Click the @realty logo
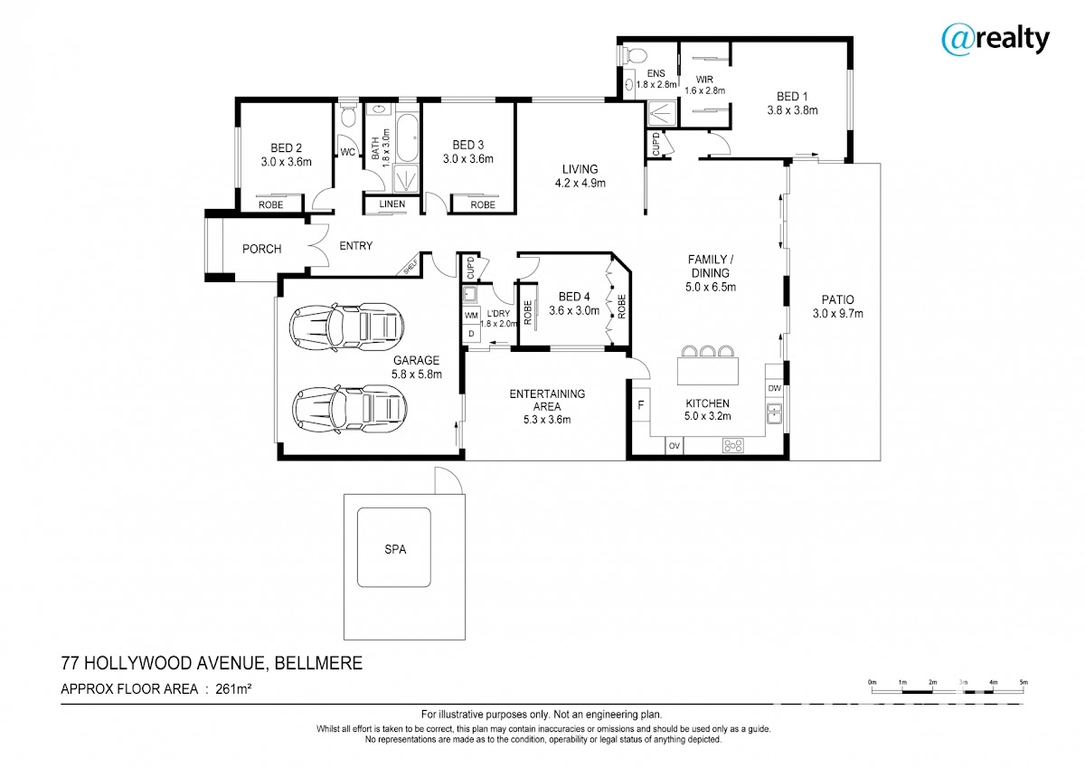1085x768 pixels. click(995, 40)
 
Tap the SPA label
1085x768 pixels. click(395, 549)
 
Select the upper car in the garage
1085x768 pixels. click(346, 327)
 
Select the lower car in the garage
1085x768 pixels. click(349, 410)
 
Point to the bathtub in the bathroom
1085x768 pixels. click(407, 138)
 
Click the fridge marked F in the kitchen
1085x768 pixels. click(640, 405)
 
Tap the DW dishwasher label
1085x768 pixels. click(774, 388)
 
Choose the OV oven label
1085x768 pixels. click(675, 446)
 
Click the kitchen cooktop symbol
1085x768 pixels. click(732, 445)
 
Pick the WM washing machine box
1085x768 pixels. click(471, 316)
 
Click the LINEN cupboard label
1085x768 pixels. click(392, 204)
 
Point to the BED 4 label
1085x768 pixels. click(574, 297)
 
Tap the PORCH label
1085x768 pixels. click(261, 249)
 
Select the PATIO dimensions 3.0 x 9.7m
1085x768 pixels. click(838, 314)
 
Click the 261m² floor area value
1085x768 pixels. click(233, 688)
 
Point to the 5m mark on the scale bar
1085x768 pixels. click(1024, 682)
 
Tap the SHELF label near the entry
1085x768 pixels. click(410, 267)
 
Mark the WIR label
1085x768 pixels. click(704, 80)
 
